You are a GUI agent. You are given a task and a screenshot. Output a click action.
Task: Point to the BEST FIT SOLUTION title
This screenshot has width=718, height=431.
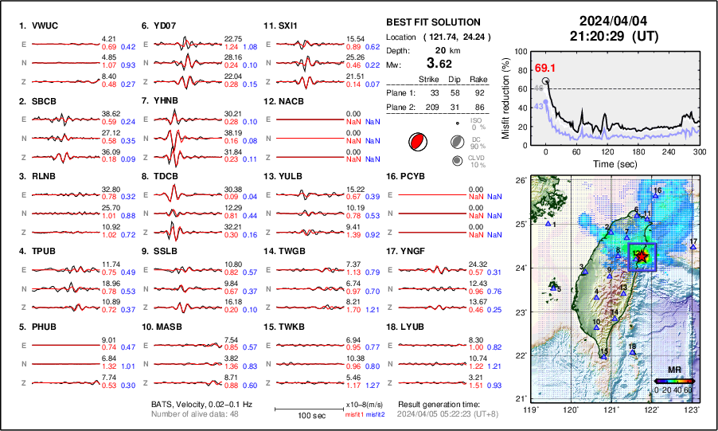(433, 22)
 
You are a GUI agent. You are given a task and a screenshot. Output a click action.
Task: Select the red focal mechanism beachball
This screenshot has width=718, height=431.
(416, 143)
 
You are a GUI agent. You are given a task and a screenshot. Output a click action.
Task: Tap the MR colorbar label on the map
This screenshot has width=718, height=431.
(673, 370)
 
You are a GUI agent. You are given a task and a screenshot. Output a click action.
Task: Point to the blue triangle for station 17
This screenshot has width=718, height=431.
(693, 248)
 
